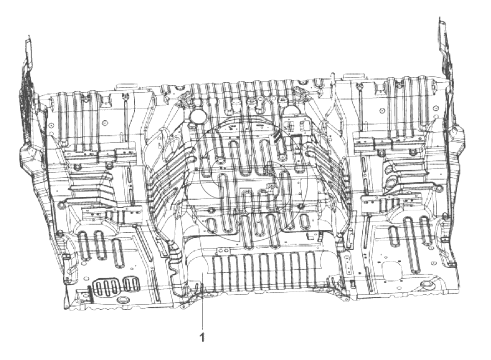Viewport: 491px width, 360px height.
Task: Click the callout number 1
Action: click(x=202, y=337)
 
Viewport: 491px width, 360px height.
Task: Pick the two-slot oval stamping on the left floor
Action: click(x=131, y=284)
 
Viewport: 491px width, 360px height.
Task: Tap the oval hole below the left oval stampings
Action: click(x=123, y=300)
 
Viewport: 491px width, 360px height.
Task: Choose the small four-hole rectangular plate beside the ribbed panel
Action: click(x=348, y=263)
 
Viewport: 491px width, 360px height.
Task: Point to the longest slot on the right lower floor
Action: click(x=410, y=234)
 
